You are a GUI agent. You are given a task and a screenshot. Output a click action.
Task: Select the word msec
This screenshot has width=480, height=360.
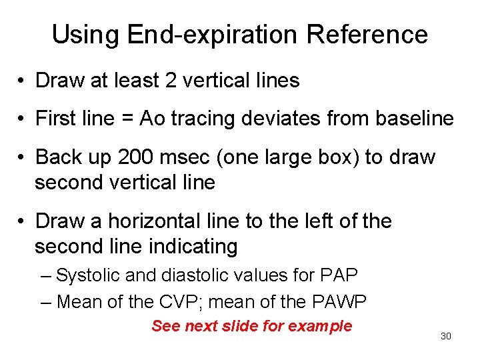click(189, 157)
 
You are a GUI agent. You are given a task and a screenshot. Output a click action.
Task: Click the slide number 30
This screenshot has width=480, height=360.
click(446, 336)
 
